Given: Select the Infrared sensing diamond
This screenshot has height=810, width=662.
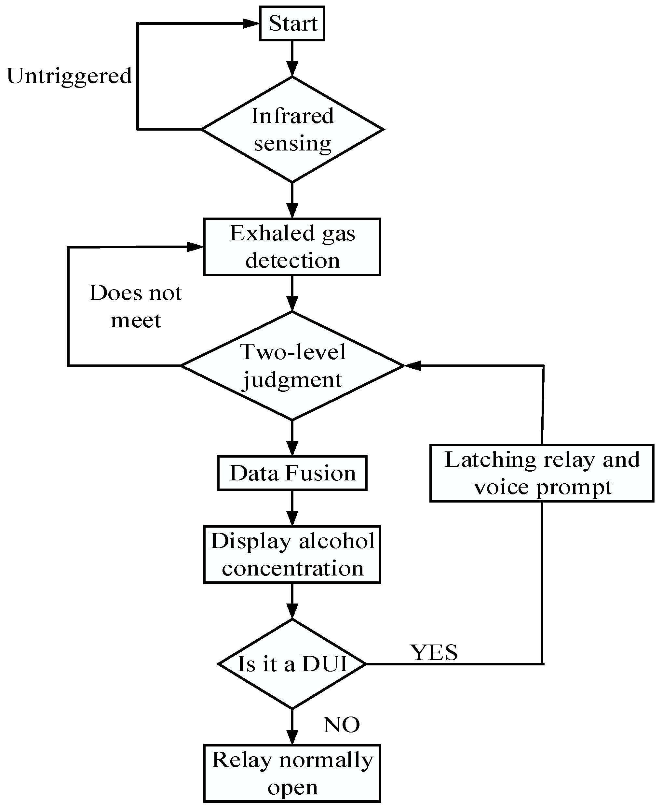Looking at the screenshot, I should [x=292, y=129].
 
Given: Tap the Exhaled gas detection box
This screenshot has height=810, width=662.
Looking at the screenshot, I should [x=292, y=247].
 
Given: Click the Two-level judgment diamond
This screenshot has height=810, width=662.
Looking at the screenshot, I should [x=292, y=366].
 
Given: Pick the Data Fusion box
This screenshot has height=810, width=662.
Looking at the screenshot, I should [x=292, y=473].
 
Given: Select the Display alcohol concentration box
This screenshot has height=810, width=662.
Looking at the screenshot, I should [x=292, y=555].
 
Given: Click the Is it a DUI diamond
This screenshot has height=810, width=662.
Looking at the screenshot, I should [x=292, y=664].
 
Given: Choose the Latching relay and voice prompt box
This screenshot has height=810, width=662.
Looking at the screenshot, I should [x=542, y=473].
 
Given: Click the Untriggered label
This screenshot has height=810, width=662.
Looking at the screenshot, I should [x=69, y=76].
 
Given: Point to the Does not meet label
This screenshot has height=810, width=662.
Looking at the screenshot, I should [x=136, y=306].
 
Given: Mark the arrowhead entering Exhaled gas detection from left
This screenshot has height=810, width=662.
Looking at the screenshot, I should [x=195, y=247].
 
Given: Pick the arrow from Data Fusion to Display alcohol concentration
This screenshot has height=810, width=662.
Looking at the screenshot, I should [x=292, y=508].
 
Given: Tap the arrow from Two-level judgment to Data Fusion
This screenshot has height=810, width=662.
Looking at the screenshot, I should [x=292, y=438].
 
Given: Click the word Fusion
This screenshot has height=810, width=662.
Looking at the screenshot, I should [x=320, y=473].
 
